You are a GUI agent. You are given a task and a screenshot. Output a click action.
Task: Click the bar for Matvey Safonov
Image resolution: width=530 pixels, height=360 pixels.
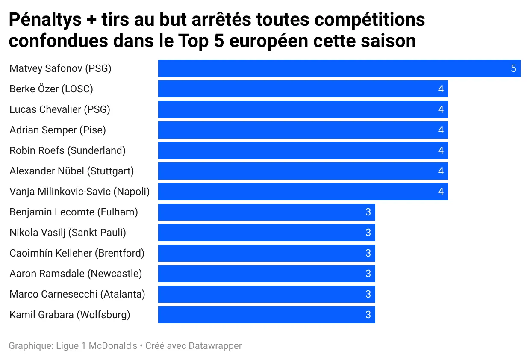pos(339,68)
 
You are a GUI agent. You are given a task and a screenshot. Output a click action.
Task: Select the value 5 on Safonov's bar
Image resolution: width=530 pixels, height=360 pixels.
pos(513,68)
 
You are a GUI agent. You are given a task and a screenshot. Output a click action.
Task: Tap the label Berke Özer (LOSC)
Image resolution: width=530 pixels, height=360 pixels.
pos(51,89)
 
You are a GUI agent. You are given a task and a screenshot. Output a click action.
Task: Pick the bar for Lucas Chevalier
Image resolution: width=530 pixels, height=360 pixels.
pos(303,109)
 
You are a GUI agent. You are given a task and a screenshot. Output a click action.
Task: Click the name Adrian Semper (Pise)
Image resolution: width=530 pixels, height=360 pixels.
pos(58,130)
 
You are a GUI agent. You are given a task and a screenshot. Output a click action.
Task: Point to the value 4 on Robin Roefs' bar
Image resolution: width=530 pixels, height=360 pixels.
pos(441,150)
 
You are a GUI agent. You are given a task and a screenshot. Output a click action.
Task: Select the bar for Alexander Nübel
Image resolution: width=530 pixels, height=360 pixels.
pos(303,171)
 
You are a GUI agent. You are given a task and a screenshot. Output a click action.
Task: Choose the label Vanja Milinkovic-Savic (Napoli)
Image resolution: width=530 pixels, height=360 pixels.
pos(79,192)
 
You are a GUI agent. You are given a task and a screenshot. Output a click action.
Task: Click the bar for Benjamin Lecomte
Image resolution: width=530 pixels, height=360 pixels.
pos(266,212)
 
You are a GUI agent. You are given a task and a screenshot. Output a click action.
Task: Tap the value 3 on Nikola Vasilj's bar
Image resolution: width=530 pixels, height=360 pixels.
pos(368,233)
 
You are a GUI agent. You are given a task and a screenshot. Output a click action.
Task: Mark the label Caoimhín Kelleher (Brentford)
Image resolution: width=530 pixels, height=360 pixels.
pos(77,253)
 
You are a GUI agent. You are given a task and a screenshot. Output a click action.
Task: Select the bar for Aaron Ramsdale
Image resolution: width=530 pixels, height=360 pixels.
pos(266,274)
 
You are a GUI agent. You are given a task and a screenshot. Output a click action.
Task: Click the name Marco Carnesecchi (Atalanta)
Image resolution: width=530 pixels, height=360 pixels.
pos(77,294)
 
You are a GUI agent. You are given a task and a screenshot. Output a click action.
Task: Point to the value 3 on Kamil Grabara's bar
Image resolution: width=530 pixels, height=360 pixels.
pos(368,315)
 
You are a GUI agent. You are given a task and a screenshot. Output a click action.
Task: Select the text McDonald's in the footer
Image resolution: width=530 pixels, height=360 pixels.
pos(113,345)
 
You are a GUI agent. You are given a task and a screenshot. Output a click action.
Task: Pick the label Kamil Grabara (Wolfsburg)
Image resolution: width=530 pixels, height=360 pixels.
pos(70,315)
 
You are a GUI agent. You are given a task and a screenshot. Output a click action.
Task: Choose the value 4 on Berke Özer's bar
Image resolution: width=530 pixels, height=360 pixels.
pos(441,89)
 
